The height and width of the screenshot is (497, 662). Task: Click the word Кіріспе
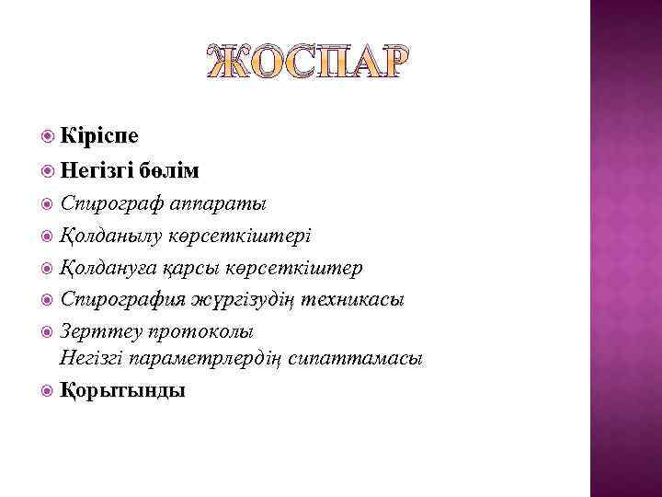tap(98, 136)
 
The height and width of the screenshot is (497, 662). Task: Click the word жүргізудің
tap(250, 299)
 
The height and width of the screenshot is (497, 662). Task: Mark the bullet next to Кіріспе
tap(49, 136)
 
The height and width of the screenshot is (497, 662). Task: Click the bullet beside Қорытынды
tap(49, 390)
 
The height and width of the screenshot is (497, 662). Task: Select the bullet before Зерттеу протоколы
tap(49, 331)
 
